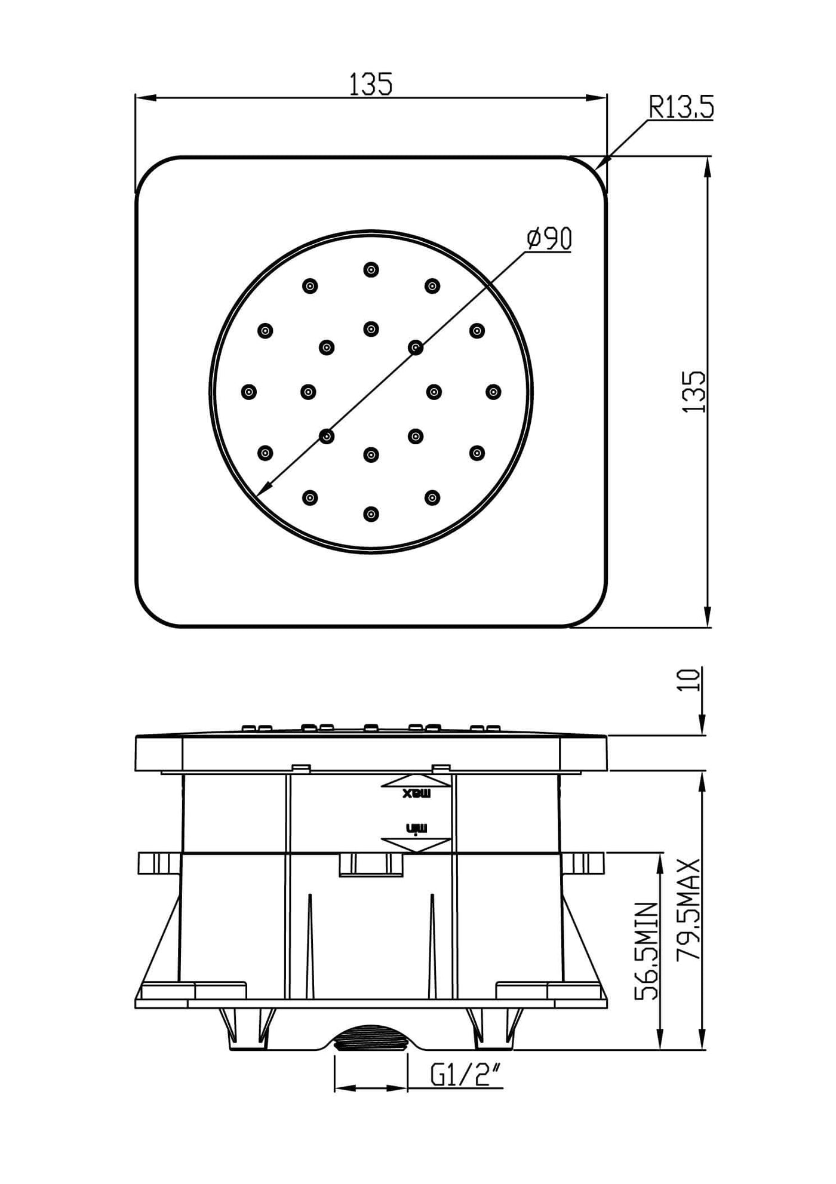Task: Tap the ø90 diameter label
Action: click(549, 238)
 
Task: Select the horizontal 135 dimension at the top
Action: click(371, 84)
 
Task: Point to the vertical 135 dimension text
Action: click(694, 392)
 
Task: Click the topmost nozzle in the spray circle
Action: click(371, 269)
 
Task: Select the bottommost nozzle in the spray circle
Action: click(371, 513)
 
